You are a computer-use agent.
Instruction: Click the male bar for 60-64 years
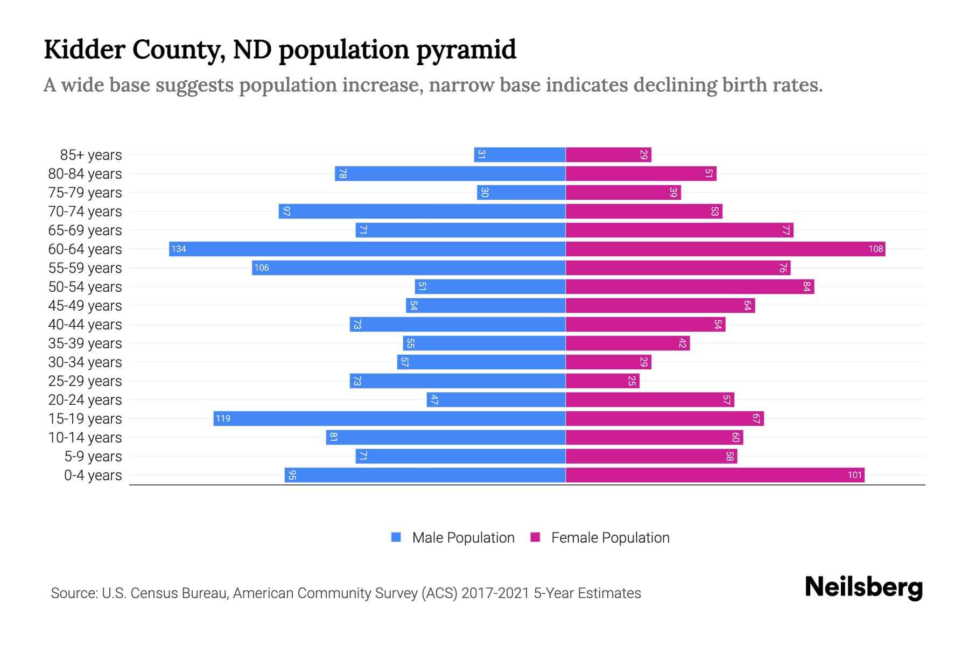[367, 249]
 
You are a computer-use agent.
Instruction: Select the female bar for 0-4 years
[715, 475]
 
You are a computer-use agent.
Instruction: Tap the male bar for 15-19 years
[389, 418]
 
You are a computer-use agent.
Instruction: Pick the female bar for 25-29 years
[602, 381]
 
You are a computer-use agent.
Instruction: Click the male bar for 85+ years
[519, 155]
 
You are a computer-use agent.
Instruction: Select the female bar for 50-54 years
[690, 286]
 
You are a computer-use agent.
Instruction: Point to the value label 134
[179, 249]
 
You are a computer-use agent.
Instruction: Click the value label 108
[875, 249]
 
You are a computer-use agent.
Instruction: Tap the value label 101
[855, 475]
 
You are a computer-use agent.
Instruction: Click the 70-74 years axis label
[85, 211]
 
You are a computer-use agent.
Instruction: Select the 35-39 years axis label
[85, 343]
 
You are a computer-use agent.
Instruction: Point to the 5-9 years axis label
[93, 456]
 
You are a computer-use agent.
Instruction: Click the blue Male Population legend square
[396, 537]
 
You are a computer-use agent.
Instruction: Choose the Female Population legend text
[610, 537]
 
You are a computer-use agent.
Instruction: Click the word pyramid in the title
[466, 51]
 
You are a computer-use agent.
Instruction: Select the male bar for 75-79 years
[521, 192]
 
